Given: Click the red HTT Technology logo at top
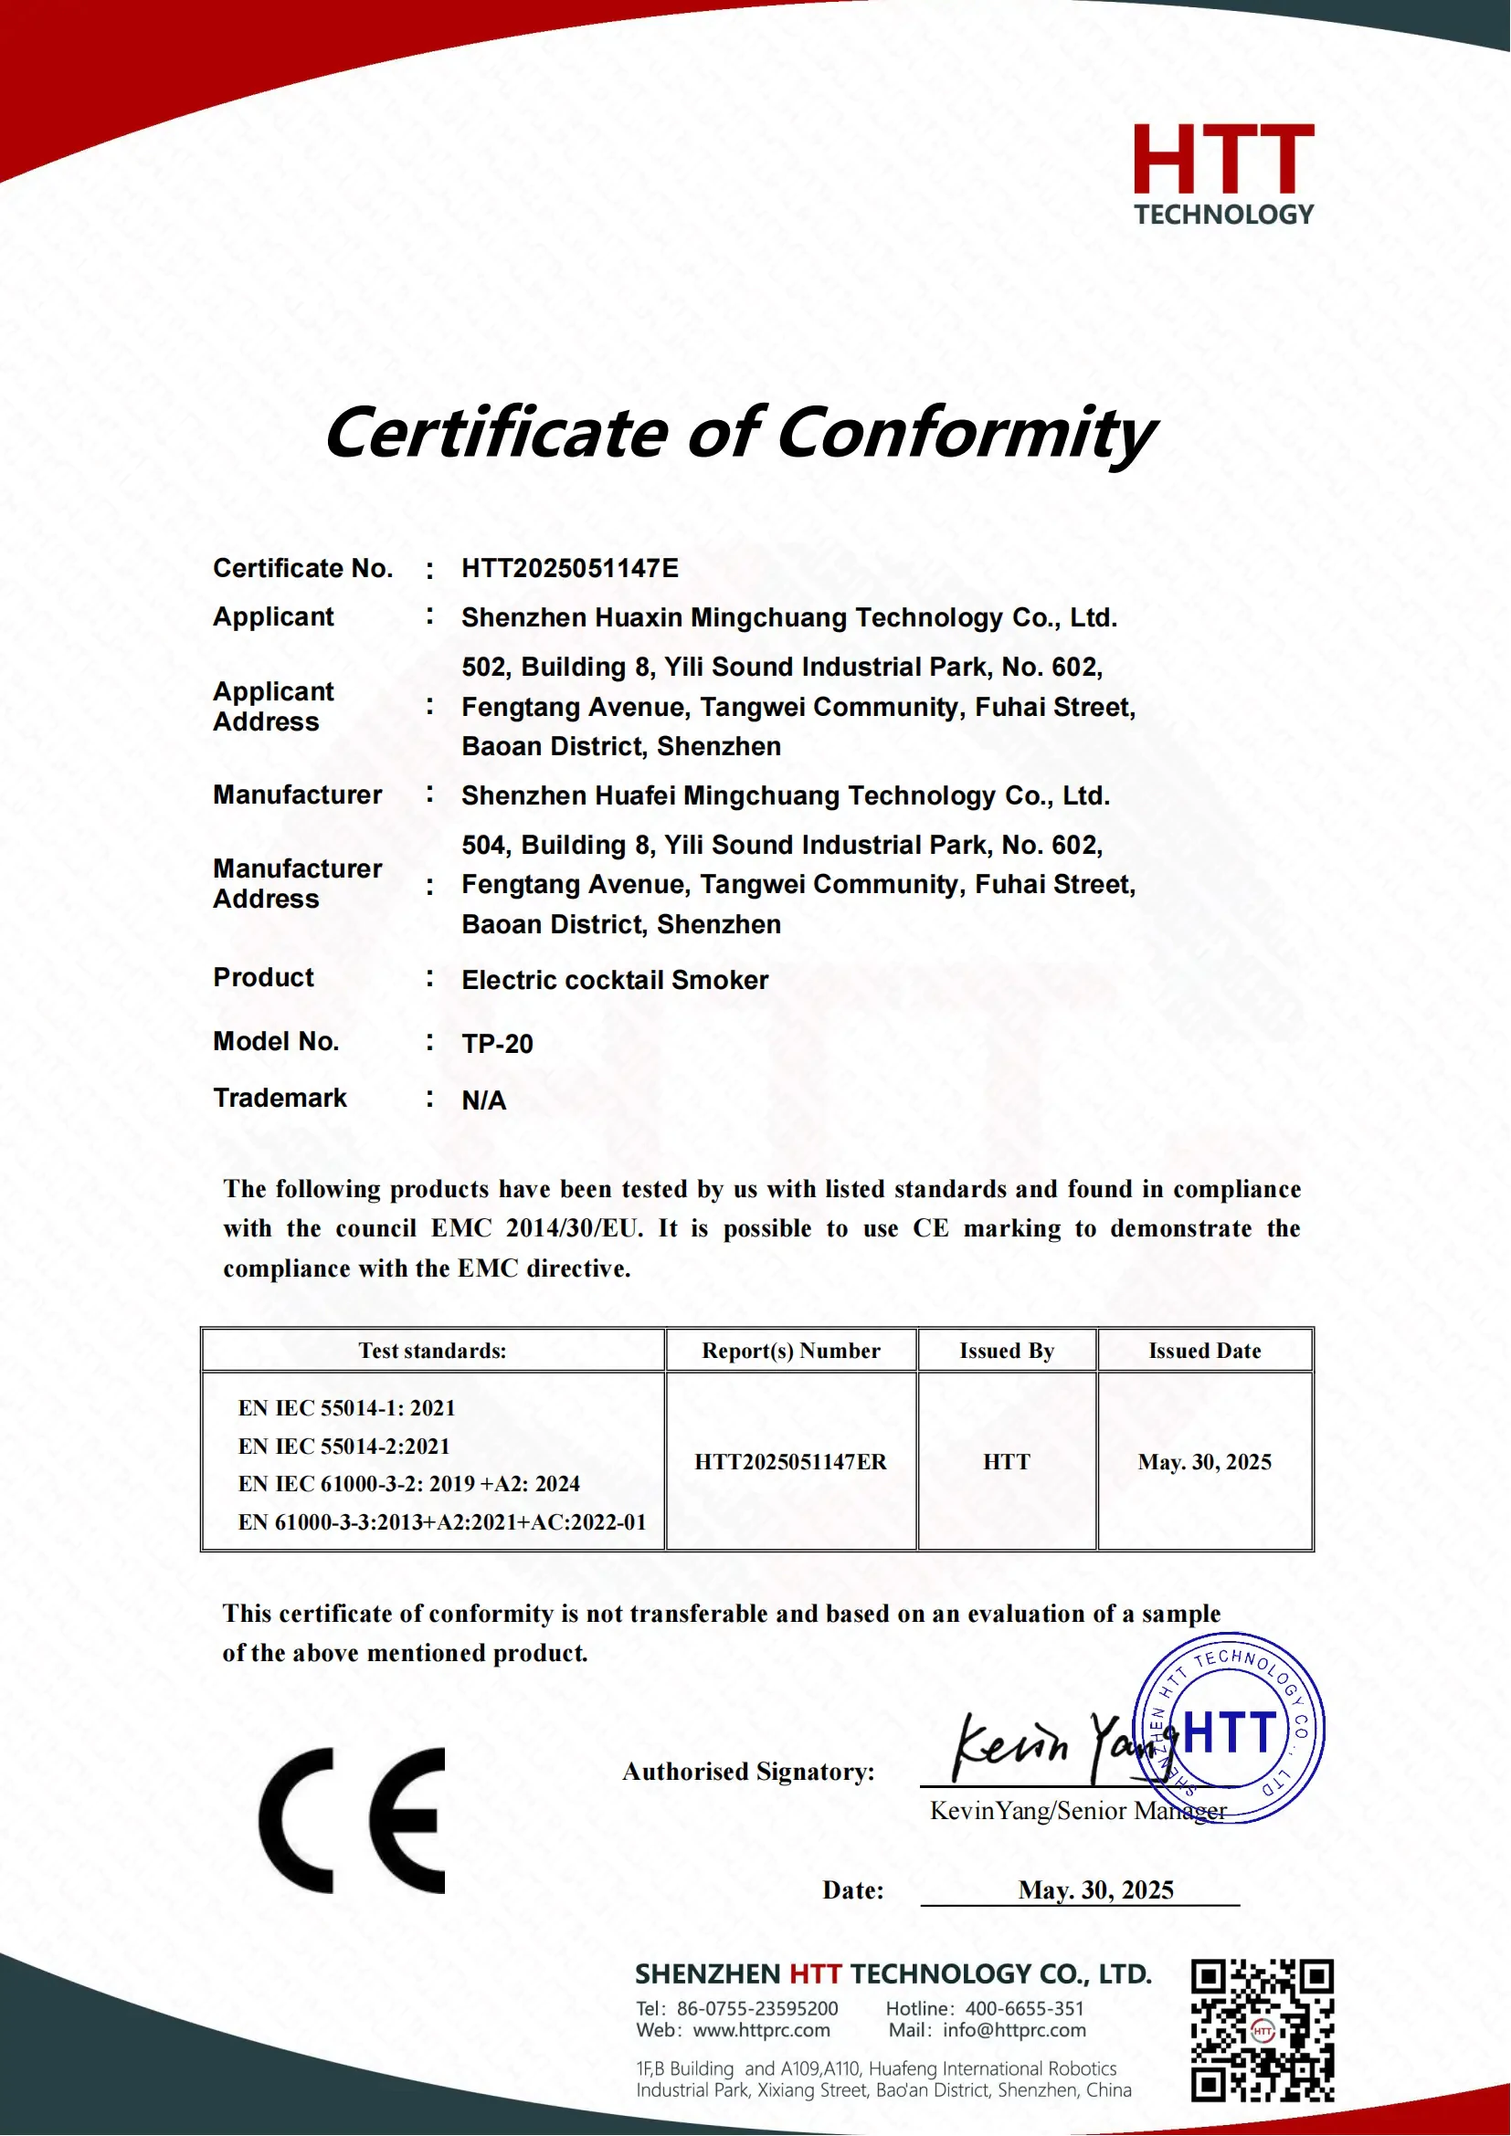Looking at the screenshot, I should click(1222, 174).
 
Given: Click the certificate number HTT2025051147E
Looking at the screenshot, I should click(569, 568).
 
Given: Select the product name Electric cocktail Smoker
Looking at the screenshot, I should click(614, 980).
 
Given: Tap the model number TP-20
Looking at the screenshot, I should click(497, 1044).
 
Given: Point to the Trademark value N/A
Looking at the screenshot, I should click(484, 1100).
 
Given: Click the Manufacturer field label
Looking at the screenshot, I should click(297, 794).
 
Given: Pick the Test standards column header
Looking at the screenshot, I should click(433, 1351).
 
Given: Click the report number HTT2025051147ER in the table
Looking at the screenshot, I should click(790, 1461).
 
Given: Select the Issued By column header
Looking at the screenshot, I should click(1007, 1351).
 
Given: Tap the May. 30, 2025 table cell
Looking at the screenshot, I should click(1204, 1461).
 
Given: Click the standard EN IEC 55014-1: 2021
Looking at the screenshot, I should click(346, 1407).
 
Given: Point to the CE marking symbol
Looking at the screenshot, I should click(352, 1821).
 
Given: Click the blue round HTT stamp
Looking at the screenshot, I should click(1228, 1728).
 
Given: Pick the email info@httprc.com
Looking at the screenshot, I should click(1014, 2030).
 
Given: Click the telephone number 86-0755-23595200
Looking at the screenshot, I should click(756, 2008).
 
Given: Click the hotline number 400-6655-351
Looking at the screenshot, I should click(1024, 2008).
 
